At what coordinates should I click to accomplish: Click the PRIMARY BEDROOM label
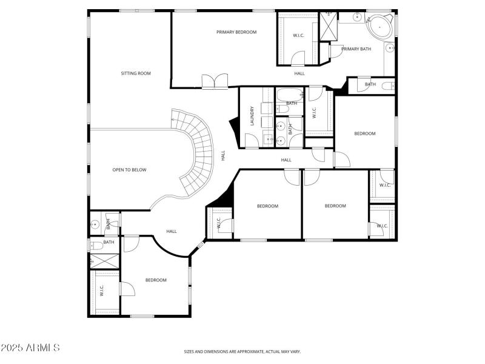(x=236, y=32)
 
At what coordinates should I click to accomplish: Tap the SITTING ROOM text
(x=136, y=73)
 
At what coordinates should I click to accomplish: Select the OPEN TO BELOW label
(x=129, y=170)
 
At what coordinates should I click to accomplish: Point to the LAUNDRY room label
(x=251, y=116)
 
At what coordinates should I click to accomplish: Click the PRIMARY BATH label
(x=356, y=49)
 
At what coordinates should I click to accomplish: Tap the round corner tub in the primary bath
(x=380, y=27)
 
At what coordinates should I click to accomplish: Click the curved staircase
(x=194, y=149)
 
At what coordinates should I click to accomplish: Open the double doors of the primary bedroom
(x=215, y=82)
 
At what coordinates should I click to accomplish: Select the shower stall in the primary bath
(x=328, y=25)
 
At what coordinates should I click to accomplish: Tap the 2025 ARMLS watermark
(x=30, y=348)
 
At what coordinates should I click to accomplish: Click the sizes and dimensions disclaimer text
(x=242, y=351)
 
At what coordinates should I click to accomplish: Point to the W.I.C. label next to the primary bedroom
(x=298, y=35)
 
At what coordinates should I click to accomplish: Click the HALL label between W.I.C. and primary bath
(x=299, y=73)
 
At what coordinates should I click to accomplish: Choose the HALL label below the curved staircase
(x=172, y=231)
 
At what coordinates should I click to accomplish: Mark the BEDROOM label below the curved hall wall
(x=156, y=280)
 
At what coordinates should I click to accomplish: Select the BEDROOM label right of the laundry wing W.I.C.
(x=365, y=133)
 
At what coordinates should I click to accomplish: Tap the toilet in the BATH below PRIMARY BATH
(x=388, y=86)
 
